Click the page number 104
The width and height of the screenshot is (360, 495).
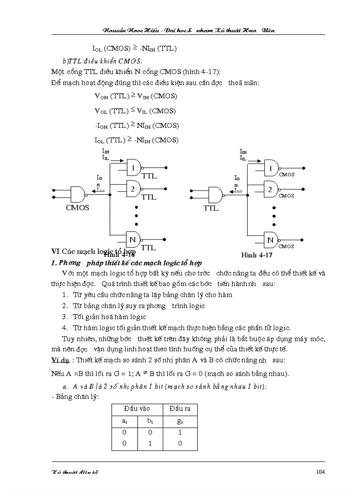(320, 472)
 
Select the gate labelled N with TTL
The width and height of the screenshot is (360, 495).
(133, 240)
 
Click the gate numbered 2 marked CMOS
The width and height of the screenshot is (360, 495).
(271, 190)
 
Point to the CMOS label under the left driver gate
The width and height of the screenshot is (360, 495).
(77, 207)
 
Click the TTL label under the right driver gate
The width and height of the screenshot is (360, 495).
(211, 208)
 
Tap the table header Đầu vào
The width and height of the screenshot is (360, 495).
(137, 409)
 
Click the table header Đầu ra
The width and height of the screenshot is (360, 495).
(180, 409)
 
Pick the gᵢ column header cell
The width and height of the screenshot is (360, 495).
(180, 421)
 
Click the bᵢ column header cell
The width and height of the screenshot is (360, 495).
(150, 421)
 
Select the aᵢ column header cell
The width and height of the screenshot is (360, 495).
(124, 421)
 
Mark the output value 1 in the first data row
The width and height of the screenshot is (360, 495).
(180, 432)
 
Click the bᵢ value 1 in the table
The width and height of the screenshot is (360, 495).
(150, 443)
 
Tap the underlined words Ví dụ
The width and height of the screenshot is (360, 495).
(60, 360)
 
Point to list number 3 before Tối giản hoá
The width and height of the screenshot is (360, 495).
(64, 316)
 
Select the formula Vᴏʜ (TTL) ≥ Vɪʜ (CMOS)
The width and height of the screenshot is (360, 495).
(136, 96)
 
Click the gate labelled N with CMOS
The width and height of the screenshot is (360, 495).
(271, 240)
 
